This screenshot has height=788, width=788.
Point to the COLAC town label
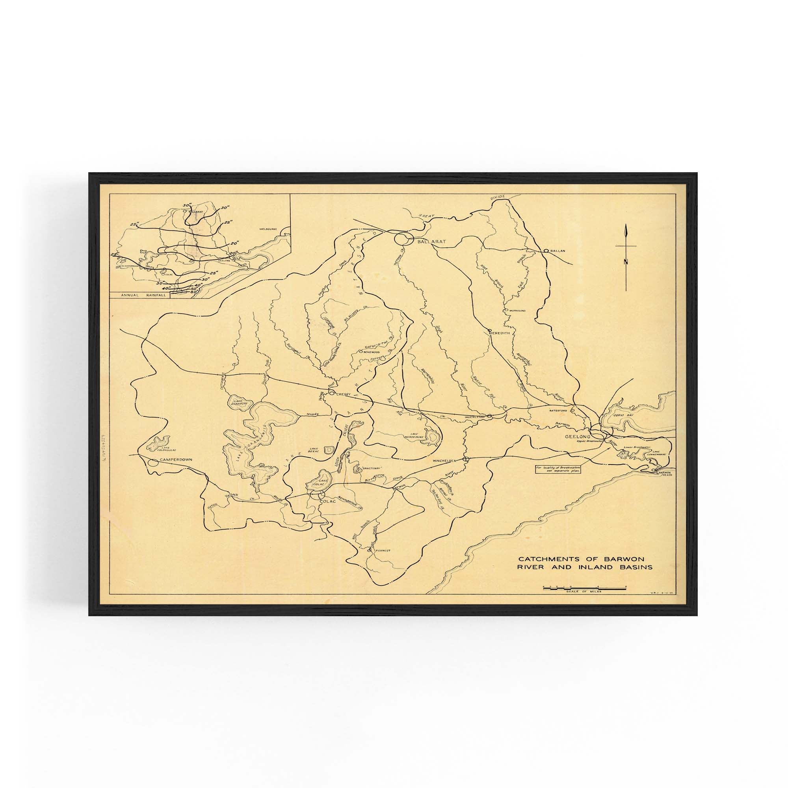[x=328, y=501]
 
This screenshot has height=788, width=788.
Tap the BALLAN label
[x=557, y=251]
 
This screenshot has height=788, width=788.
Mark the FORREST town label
[x=382, y=550]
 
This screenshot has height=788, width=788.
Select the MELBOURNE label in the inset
[x=268, y=229]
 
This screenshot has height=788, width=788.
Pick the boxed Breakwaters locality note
[x=558, y=469]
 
